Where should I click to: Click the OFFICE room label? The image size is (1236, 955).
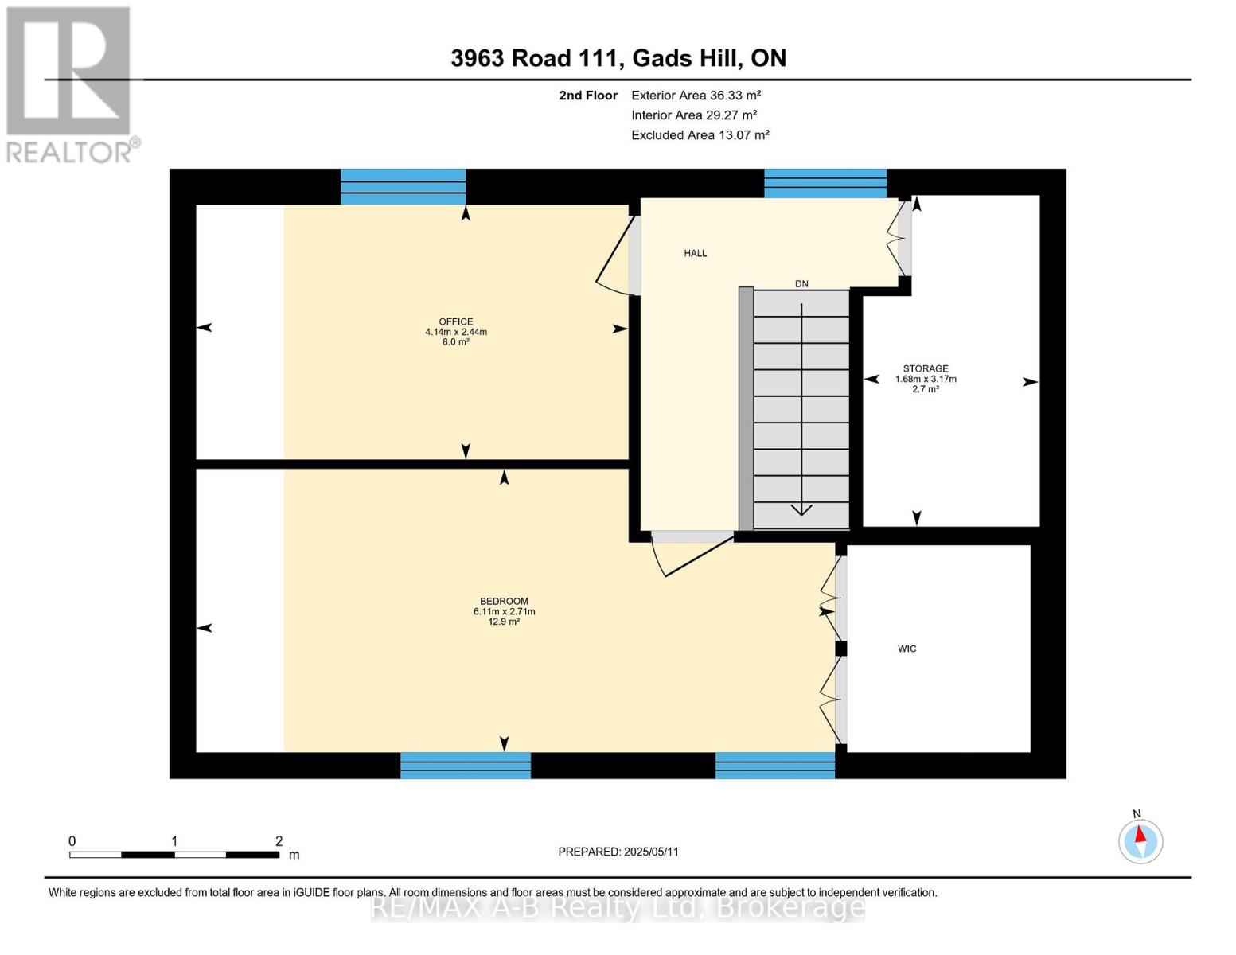tap(455, 322)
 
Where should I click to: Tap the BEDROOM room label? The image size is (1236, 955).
tap(504, 602)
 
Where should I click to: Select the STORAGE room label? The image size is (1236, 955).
tap(925, 369)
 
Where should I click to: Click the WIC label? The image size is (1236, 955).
tap(907, 649)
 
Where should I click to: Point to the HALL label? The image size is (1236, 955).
tap(695, 253)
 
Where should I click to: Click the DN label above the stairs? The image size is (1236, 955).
tap(801, 284)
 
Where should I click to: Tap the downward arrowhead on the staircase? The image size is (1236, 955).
tap(801, 509)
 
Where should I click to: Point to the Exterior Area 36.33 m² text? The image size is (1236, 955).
tap(696, 95)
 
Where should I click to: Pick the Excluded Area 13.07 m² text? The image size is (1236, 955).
tap(700, 135)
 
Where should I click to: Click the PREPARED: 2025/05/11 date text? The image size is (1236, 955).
tap(618, 852)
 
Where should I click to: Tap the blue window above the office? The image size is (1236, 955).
tap(403, 186)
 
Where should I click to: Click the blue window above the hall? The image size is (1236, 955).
tap(825, 183)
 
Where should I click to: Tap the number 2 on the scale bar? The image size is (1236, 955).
tap(279, 841)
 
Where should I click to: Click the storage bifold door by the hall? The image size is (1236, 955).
tap(899, 236)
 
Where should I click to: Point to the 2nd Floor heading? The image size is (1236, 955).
tap(587, 95)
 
